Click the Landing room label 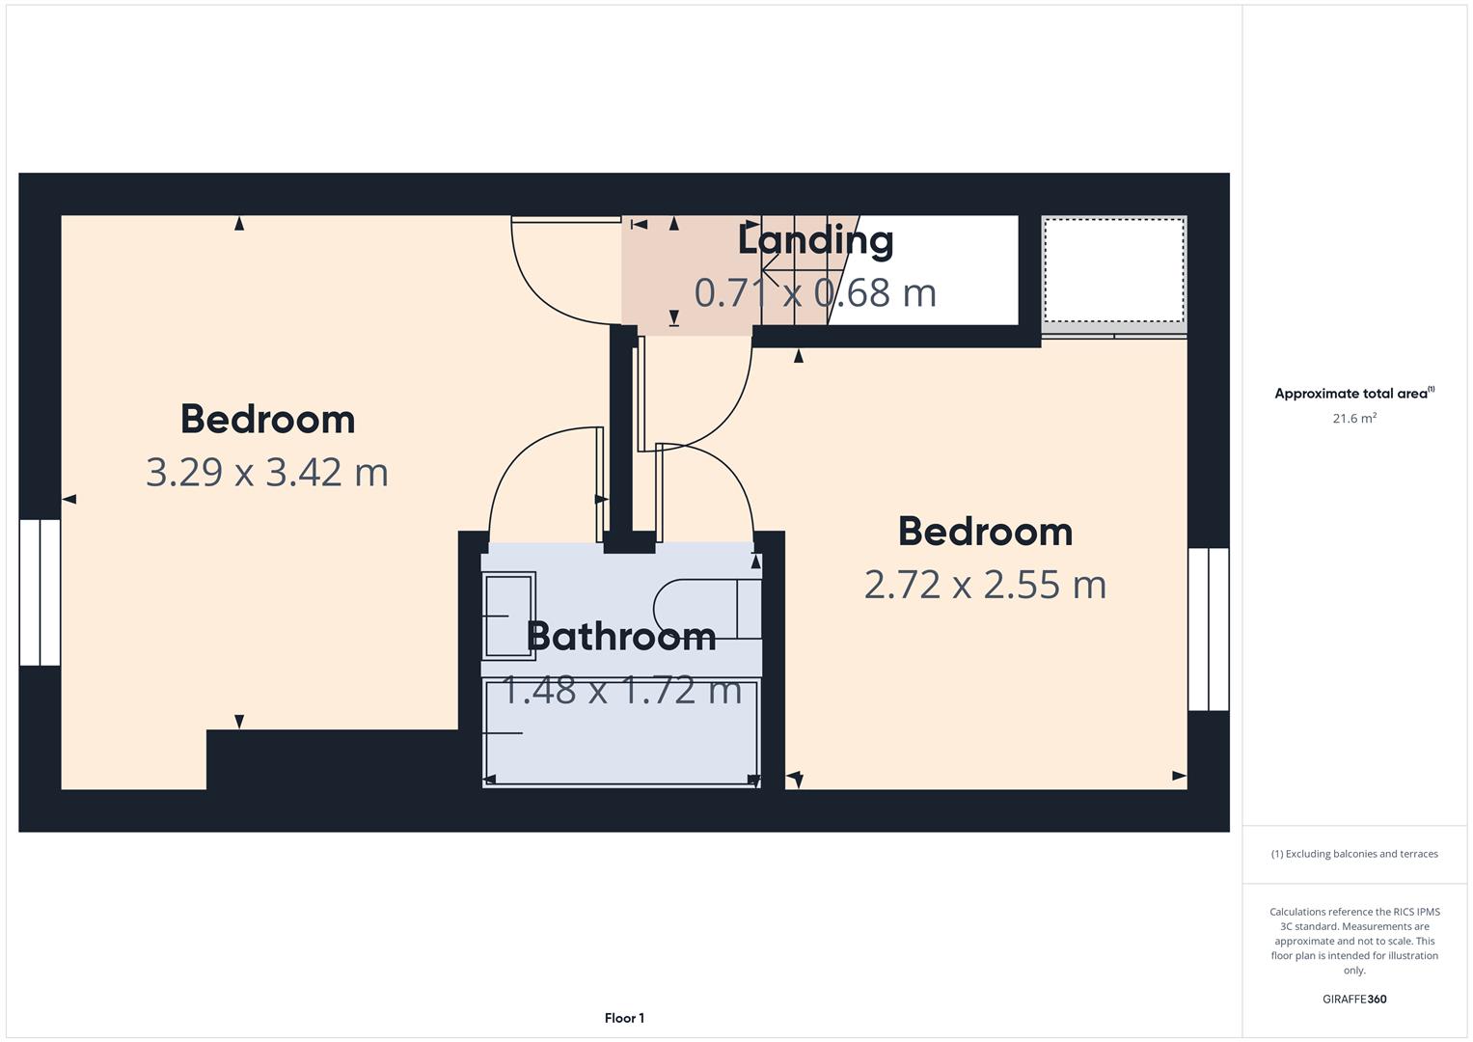pyautogui.click(x=815, y=241)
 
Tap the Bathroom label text pyautogui.click(x=621, y=637)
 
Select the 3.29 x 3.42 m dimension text pyautogui.click(x=267, y=473)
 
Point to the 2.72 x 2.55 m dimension pyautogui.click(x=985, y=584)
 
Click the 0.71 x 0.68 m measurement pyautogui.click(x=815, y=292)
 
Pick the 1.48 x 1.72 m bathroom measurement pyautogui.click(x=621, y=690)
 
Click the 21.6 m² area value pyautogui.click(x=1354, y=418)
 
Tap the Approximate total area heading pyautogui.click(x=1354, y=394)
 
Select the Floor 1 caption pyautogui.click(x=624, y=1018)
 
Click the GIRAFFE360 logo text pyautogui.click(x=1354, y=999)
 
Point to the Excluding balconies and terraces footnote pyautogui.click(x=1354, y=854)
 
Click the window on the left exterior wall pyautogui.click(x=41, y=592)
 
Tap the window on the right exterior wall pyautogui.click(x=1209, y=629)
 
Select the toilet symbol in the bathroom pyautogui.click(x=708, y=609)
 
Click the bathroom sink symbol pyautogui.click(x=509, y=616)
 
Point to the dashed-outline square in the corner pyautogui.click(x=1114, y=271)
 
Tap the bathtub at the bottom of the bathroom pyautogui.click(x=621, y=733)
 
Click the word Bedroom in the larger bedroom pyautogui.click(x=267, y=419)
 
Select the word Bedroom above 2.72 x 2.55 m pyautogui.click(x=985, y=532)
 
